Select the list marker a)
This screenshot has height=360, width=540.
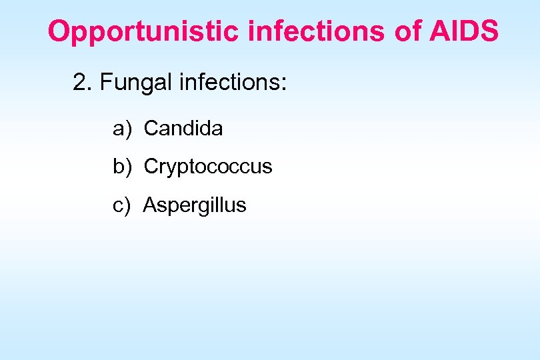(x=122, y=129)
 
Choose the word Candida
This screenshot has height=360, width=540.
(x=183, y=128)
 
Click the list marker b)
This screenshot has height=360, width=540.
(x=122, y=167)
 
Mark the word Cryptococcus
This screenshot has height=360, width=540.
(x=208, y=167)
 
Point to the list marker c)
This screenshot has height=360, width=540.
(x=122, y=205)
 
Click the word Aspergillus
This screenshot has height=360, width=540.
(x=195, y=205)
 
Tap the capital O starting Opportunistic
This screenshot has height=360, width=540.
(x=59, y=31)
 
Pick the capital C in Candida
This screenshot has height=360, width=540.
(x=150, y=128)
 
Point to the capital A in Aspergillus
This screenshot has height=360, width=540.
(x=149, y=205)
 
